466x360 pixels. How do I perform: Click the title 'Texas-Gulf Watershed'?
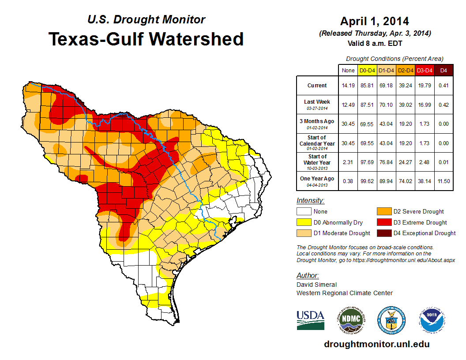click(146, 39)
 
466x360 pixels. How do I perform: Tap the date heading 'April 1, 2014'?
click(375, 21)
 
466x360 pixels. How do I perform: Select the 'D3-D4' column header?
click(425, 70)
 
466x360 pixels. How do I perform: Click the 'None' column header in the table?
click(348, 70)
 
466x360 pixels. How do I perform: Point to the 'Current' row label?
click(317, 86)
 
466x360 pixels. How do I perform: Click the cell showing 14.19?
click(348, 86)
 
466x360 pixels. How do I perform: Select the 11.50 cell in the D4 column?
click(443, 181)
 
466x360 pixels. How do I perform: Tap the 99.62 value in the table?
click(367, 181)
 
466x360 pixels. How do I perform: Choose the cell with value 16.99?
click(425, 105)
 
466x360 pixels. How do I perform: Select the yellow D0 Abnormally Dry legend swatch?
click(304, 222)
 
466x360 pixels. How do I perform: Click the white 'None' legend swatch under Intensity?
click(304, 212)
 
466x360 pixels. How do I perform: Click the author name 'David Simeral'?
click(316, 285)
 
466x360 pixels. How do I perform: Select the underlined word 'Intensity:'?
click(310, 201)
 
